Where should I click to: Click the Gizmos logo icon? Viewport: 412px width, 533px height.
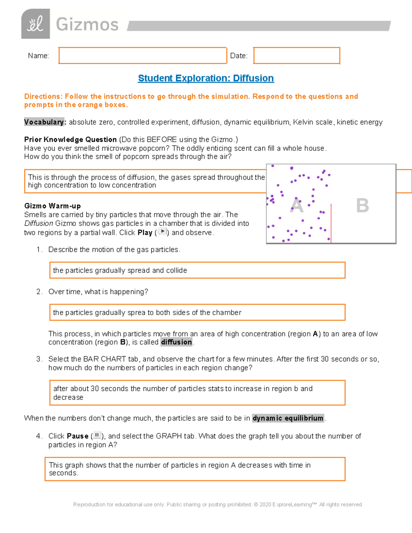tap(35, 24)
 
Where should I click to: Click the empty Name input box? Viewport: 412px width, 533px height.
tap(142, 56)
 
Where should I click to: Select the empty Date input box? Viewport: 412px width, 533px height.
tap(297, 56)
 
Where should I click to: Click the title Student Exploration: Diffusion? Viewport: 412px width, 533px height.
tap(206, 78)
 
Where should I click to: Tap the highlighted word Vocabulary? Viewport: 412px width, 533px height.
tap(44, 122)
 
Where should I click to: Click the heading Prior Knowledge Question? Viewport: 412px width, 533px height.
tap(70, 140)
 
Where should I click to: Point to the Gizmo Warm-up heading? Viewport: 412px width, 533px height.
tap(52, 206)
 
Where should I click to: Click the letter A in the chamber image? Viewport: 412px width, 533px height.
tap(297, 206)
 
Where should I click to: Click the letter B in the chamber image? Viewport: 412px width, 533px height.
tap(362, 206)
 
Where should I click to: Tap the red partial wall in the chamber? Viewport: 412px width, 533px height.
tap(331, 223)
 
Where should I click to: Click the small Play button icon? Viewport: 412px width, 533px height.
tap(162, 232)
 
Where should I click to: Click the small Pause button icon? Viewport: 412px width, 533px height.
tap(97, 435)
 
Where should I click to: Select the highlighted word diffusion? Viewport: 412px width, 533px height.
tap(176, 342)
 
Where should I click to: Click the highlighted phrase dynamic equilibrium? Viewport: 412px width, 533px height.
tap(288, 418)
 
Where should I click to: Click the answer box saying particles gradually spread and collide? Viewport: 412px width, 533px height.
tap(197, 270)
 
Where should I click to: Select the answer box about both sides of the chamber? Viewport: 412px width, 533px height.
tap(197, 312)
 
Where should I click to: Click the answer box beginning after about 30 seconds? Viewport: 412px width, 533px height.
tap(197, 393)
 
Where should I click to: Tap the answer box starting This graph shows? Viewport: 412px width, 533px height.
tap(195, 469)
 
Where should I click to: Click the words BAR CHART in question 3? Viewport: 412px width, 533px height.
tap(104, 359)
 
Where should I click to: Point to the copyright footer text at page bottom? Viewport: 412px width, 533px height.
tap(217, 505)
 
